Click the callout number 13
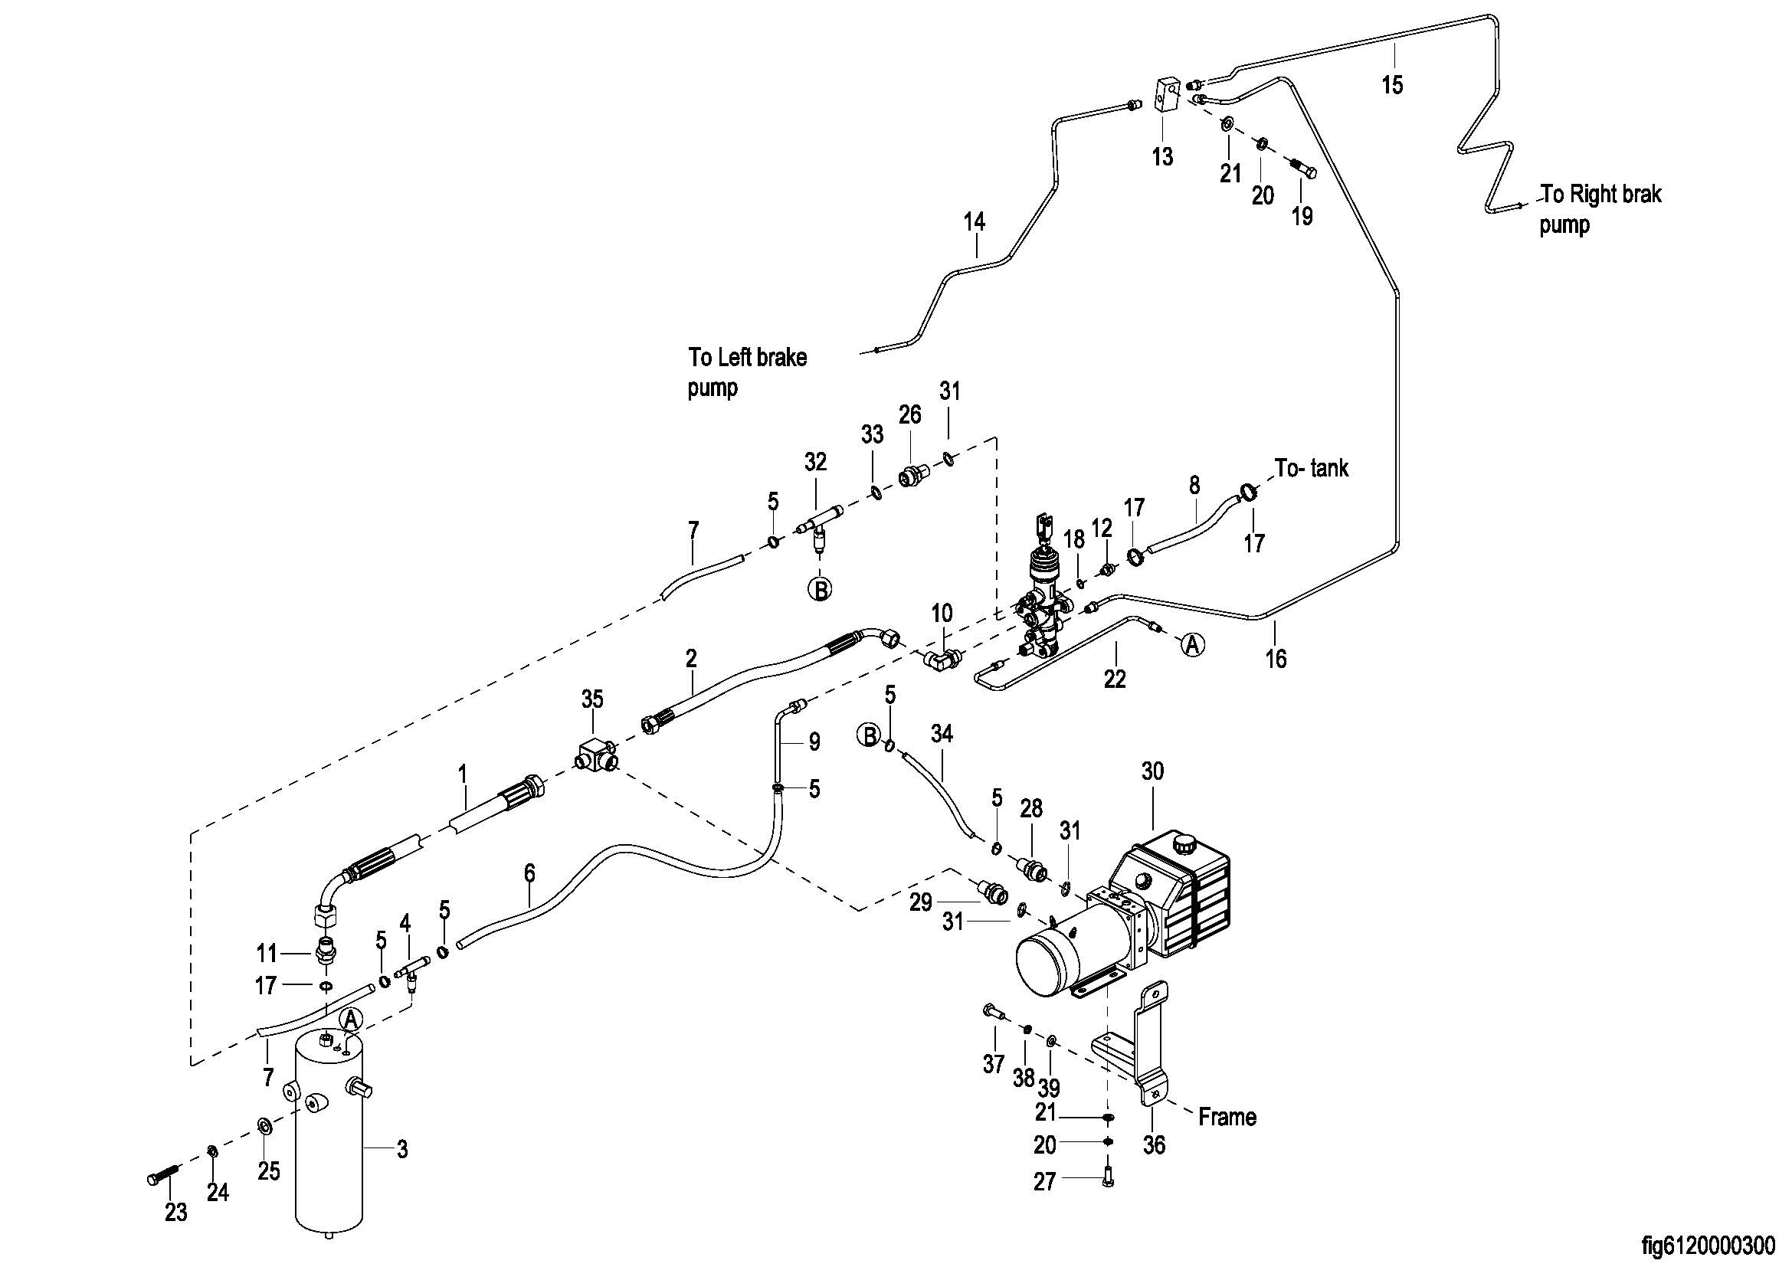point(1162,157)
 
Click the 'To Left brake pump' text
point(747,372)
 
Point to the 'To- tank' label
point(1311,468)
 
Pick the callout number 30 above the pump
point(1152,771)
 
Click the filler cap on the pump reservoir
point(1184,844)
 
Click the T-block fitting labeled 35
point(595,755)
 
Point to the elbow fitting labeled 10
point(941,660)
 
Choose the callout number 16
point(1276,659)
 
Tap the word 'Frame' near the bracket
point(1227,1117)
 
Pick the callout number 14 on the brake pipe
point(974,222)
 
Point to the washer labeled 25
point(264,1126)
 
